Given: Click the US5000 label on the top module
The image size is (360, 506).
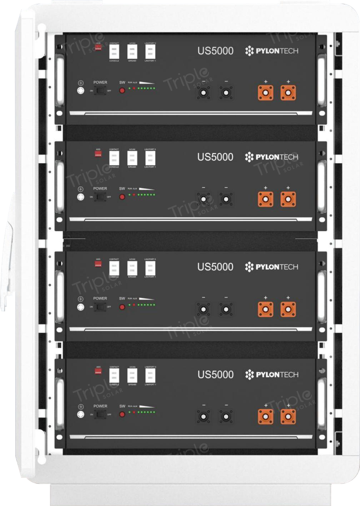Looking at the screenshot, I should tap(215, 51).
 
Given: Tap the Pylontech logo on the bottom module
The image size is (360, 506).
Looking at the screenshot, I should tap(271, 375).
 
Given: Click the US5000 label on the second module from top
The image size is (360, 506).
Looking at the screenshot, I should tap(215, 157).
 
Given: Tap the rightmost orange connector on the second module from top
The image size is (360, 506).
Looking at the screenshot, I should tap(288, 199).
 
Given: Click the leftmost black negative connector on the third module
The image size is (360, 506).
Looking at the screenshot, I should tap(203, 309).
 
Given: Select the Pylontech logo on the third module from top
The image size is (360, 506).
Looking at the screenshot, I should tap(271, 267).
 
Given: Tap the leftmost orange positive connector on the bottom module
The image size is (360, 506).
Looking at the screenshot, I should tap(266, 416).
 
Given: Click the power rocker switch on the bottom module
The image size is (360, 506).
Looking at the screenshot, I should tap(100, 415).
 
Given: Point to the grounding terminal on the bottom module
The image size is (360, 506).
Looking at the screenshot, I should tap(80, 415).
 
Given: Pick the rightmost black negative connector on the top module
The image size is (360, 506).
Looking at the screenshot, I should tap(226, 92).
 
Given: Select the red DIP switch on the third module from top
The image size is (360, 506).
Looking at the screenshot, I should tap(98, 264).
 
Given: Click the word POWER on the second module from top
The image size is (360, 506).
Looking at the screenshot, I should tap(100, 189).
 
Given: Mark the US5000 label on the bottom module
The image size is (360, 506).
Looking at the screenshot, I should tap(215, 375).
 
